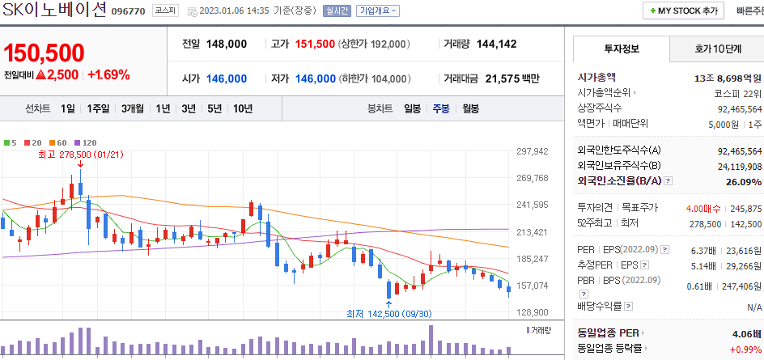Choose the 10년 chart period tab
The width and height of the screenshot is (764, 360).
pyautogui.click(x=243, y=108)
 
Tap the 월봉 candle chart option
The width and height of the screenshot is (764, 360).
pyautogui.click(x=470, y=108)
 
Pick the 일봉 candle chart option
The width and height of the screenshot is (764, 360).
pyautogui.click(x=412, y=108)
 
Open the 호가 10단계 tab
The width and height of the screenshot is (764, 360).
pyautogui.click(x=718, y=49)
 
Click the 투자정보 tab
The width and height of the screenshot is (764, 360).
pyautogui.click(x=621, y=49)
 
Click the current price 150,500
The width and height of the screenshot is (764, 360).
pyautogui.click(x=44, y=53)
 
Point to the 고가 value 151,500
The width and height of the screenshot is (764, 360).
pyautogui.click(x=314, y=44)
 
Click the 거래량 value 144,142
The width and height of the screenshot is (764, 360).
pyautogui.click(x=496, y=44)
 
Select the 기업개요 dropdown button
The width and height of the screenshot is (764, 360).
pyautogui.click(x=377, y=11)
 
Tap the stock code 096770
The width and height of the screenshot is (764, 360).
pyautogui.click(x=128, y=12)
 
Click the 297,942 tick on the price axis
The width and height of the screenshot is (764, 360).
pyautogui.click(x=533, y=151)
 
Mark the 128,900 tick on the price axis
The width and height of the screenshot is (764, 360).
pyautogui.click(x=533, y=312)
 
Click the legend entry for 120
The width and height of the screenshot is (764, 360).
pyautogui.click(x=87, y=142)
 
